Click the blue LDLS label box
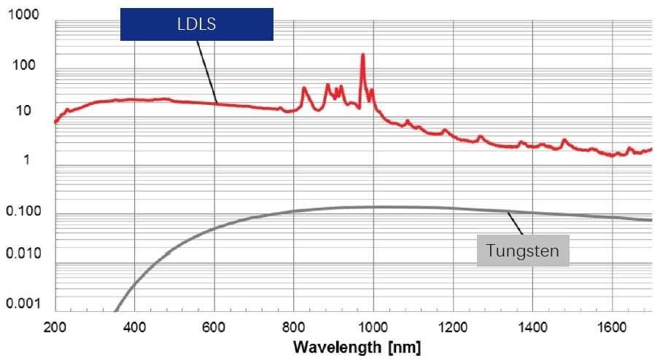tap(196, 24)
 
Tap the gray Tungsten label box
tap(522, 251)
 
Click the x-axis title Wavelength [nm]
tap(357, 346)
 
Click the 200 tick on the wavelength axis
tap(55, 326)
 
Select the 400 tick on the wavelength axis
tap(134, 326)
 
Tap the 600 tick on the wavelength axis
tap(214, 326)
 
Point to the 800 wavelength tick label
tap(294, 326)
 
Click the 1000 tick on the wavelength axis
tap(373, 326)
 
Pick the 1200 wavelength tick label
tap(453, 326)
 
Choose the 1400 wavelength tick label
tap(532, 326)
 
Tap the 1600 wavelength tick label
tap(612, 326)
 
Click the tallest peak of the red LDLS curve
tap(362, 55)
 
